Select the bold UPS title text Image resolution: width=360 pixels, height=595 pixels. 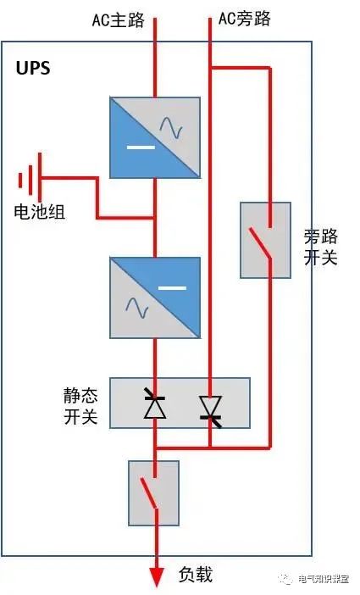[x=33, y=69]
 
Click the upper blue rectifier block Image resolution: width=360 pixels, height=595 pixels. [x=155, y=136]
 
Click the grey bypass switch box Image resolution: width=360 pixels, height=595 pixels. [x=265, y=240]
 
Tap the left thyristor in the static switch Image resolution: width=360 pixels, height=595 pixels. [x=154, y=406]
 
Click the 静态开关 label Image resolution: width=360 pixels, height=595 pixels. [x=80, y=405]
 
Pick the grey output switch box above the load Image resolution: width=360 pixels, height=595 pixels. [x=153, y=492]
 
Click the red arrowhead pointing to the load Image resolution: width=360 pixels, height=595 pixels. [x=156, y=576]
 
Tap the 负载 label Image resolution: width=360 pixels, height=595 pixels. [x=196, y=575]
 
